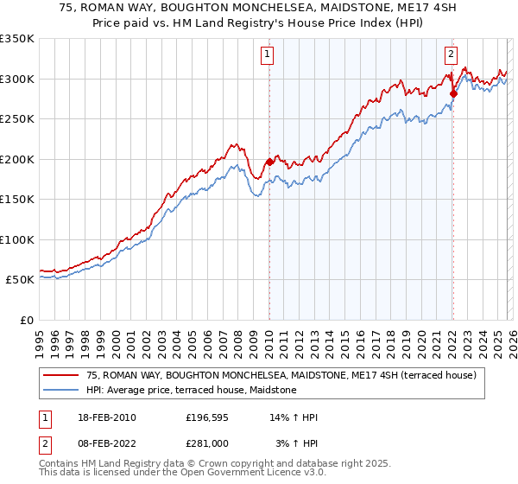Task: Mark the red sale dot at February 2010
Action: [x=269, y=162]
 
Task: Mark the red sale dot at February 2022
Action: [x=452, y=93]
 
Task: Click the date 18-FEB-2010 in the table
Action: [x=107, y=417]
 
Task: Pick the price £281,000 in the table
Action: [x=206, y=443]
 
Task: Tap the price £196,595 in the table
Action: [x=206, y=417]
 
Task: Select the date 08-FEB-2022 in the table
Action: [x=107, y=443]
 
